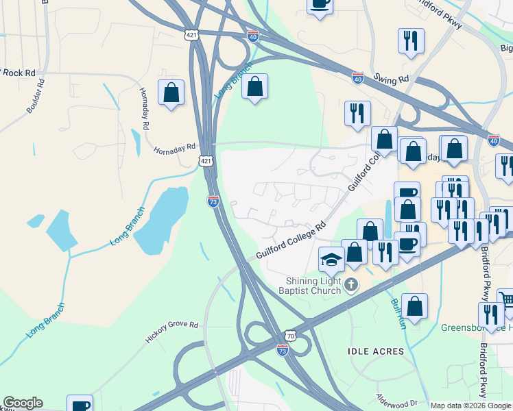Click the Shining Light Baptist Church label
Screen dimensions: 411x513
313,285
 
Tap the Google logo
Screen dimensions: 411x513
23,403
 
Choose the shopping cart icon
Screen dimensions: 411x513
506,300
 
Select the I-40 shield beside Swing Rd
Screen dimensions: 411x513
358,77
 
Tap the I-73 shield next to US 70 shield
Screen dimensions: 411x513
282,350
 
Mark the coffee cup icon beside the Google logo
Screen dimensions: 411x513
80,404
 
